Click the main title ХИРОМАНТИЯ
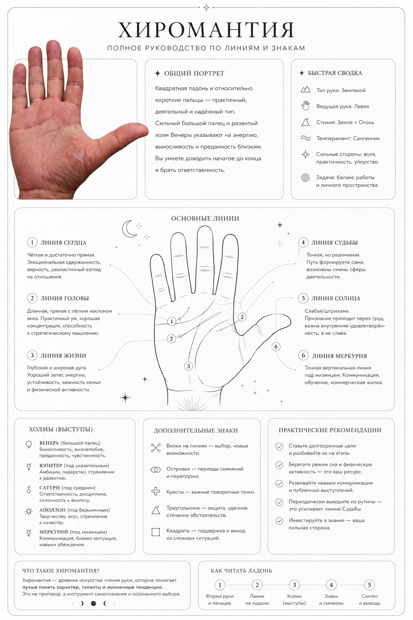pos(206,30)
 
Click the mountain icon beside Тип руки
pos(305,90)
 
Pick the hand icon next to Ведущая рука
pos(305,106)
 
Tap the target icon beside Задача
pos(305,178)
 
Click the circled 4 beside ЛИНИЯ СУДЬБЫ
pos(303,243)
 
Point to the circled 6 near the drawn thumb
pos(276,347)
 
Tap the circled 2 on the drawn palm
pos(171,339)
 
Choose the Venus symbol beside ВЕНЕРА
pos(29,445)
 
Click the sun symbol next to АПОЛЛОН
pos(29,511)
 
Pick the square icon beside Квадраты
pos(156,532)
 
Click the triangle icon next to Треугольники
pos(156,510)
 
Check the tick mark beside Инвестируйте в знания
pos(280,521)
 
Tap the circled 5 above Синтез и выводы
pos(369,585)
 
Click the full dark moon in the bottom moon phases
pos(94,603)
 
